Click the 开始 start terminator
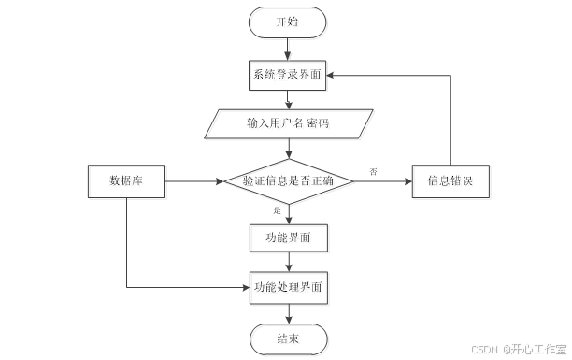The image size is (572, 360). [x=287, y=22]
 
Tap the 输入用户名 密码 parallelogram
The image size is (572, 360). [x=288, y=124]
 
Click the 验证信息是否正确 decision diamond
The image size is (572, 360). [x=288, y=180]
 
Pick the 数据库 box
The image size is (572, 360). [x=126, y=180]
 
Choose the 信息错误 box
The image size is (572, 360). [x=451, y=180]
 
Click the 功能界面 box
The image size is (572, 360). [x=288, y=238]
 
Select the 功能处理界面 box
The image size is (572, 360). [x=288, y=288]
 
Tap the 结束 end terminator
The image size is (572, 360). [x=288, y=338]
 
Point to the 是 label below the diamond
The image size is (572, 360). [x=278, y=211]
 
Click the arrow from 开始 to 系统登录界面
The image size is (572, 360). [x=288, y=49]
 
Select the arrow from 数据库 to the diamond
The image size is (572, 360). [x=194, y=180]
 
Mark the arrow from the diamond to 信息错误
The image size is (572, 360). [x=383, y=180]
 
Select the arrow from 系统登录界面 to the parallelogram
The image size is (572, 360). [x=288, y=100]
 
